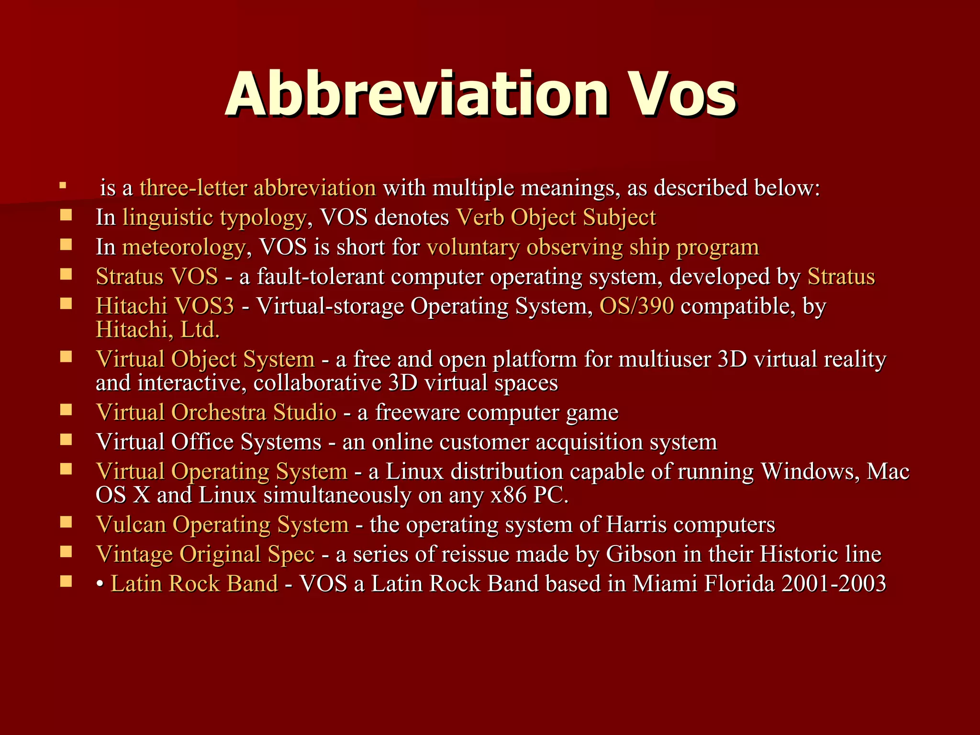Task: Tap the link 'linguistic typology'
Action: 214,218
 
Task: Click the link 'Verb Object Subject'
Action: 556,218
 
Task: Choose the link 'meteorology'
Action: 183,247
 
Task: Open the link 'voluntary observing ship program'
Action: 592,247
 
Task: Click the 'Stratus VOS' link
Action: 157,277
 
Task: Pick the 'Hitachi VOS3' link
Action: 165,306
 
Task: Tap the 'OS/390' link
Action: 636,306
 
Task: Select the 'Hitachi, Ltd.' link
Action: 157,330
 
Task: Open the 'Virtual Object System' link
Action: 205,359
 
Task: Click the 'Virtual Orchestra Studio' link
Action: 216,412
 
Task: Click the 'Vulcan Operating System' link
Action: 222,524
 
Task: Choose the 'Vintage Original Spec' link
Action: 205,554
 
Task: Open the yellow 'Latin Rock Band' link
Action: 194,584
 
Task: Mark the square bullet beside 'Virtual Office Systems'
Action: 66,440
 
